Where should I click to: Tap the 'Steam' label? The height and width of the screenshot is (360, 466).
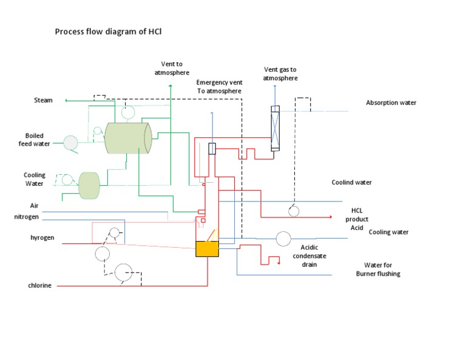(x=43, y=100)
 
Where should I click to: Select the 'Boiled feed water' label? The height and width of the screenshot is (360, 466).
(x=38, y=140)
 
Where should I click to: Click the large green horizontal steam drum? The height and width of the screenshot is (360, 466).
(x=127, y=138)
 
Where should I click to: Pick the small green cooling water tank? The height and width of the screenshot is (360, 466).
(x=89, y=185)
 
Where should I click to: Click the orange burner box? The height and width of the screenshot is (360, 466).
(x=207, y=248)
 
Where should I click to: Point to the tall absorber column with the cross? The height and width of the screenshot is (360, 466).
(x=275, y=128)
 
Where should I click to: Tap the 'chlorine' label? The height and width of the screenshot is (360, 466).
(x=40, y=285)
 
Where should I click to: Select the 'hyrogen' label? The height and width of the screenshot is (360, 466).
(x=42, y=237)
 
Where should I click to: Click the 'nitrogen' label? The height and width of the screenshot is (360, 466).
(x=27, y=216)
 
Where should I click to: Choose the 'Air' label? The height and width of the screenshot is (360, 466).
(x=35, y=206)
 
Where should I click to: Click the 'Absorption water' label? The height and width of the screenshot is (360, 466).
(x=391, y=103)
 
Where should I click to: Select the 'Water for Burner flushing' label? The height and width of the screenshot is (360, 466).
(x=378, y=269)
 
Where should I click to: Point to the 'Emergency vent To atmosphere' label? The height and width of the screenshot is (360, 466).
(x=218, y=86)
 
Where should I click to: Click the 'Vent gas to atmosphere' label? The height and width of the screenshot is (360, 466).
(x=280, y=73)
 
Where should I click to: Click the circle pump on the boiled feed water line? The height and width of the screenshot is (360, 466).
(x=72, y=143)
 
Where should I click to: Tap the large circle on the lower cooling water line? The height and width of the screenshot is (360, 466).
(x=283, y=239)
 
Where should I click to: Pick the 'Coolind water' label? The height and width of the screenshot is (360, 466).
(x=351, y=182)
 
